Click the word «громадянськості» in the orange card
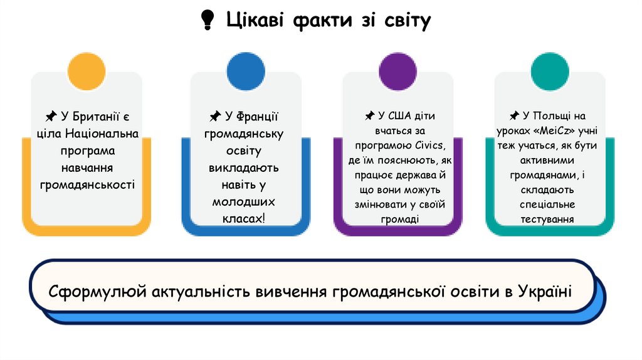pos(87,184)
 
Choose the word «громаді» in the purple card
pos(399,218)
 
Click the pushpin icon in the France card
pos(214,117)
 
